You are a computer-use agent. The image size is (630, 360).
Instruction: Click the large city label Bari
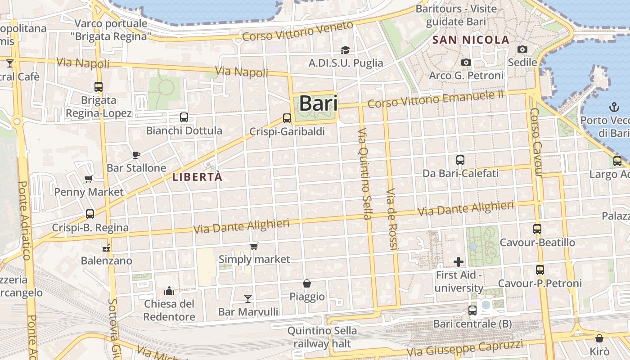tap(318, 103)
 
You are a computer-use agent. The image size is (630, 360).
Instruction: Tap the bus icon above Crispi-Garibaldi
tap(287, 118)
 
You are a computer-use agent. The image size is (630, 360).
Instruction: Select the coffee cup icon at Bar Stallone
tap(136, 155)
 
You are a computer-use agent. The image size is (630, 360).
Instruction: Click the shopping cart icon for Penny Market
tap(89, 179)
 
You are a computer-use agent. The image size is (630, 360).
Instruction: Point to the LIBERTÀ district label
tap(197, 177)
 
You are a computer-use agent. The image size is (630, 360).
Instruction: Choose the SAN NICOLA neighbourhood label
tap(471, 40)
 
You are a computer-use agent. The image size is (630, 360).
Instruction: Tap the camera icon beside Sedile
tap(522, 49)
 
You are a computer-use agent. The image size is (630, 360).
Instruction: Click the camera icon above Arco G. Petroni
tap(466, 63)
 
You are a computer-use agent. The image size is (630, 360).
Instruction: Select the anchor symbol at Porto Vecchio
tap(614, 107)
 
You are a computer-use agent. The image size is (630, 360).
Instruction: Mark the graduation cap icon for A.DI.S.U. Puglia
tap(345, 50)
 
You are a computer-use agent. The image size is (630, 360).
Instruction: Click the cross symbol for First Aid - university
tap(459, 261)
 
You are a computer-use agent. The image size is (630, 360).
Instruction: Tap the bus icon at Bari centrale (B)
tap(472, 310)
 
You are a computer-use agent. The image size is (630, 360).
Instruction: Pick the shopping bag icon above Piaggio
tap(307, 283)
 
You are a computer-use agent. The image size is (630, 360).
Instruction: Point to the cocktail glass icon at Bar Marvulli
tap(248, 298)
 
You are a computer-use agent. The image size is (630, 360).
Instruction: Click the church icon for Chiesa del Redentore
tap(169, 291)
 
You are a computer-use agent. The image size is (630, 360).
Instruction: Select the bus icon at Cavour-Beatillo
tap(537, 229)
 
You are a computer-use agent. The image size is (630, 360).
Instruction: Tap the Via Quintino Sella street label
tap(364, 173)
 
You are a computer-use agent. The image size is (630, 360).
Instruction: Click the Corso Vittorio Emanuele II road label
tap(436, 99)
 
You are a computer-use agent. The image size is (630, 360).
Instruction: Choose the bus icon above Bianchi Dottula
tap(184, 118)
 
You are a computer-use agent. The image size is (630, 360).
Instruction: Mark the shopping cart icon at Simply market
tap(254, 246)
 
